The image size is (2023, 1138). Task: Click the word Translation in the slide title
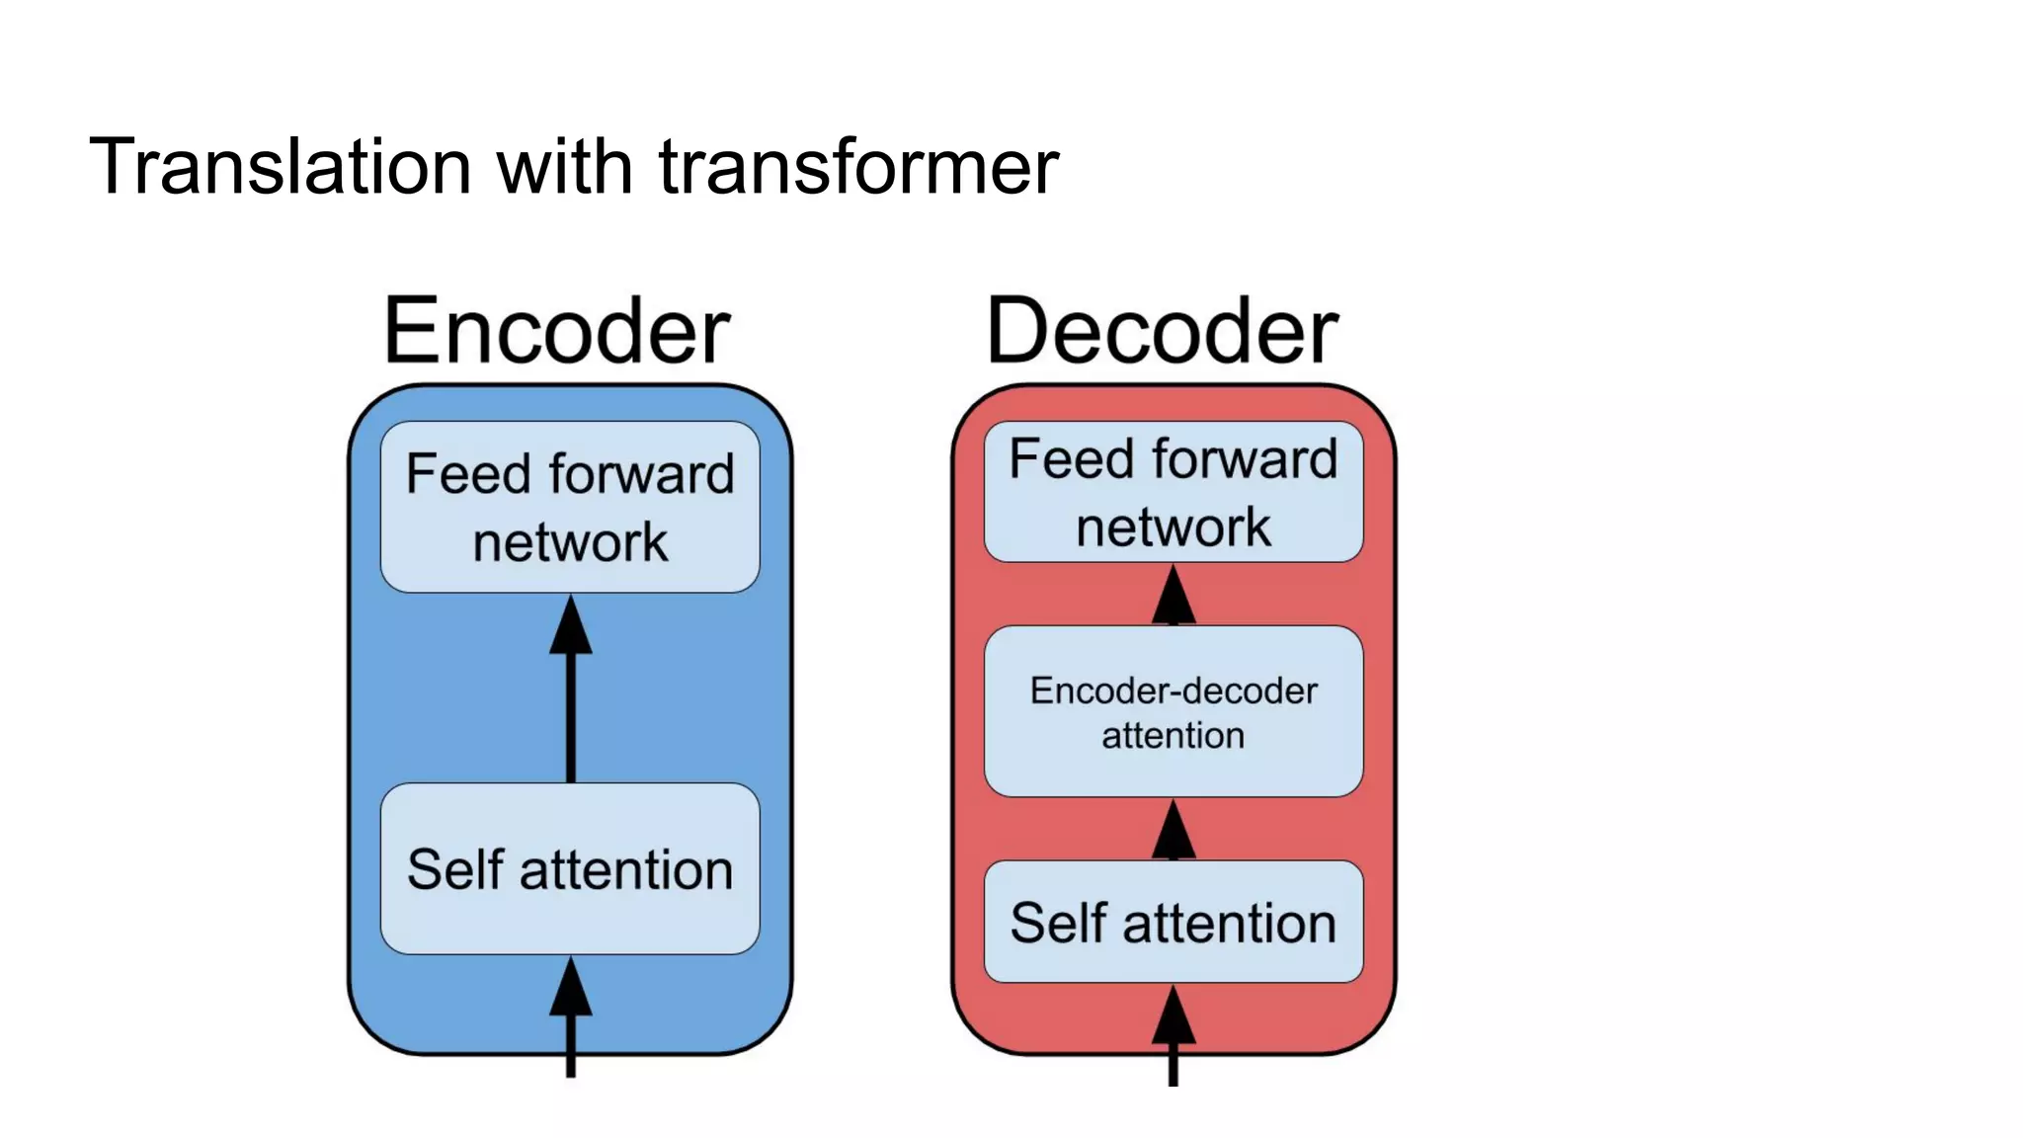(x=281, y=166)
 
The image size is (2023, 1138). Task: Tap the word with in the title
(x=564, y=166)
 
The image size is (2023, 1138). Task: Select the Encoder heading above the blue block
(x=556, y=331)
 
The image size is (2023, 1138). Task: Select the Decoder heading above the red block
(x=1162, y=331)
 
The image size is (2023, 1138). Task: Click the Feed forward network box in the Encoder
(x=570, y=507)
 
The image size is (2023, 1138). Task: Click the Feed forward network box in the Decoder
(x=1173, y=492)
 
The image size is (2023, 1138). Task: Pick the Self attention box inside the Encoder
(x=570, y=868)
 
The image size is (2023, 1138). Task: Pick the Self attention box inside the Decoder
(x=1173, y=922)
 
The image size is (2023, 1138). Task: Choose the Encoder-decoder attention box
(x=1173, y=711)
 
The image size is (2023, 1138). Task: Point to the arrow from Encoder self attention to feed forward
(x=571, y=691)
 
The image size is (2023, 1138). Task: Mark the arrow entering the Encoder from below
(x=571, y=1017)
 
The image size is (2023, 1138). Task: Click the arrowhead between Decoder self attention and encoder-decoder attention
(x=1173, y=832)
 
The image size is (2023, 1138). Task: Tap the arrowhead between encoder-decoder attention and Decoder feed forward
(x=1173, y=597)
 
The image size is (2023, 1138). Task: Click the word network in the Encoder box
(x=570, y=542)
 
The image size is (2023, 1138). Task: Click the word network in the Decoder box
(x=1173, y=528)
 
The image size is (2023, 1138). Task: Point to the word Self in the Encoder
(x=454, y=869)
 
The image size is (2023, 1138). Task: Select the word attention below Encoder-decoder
(x=1173, y=735)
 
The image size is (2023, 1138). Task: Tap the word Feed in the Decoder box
(x=1070, y=459)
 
